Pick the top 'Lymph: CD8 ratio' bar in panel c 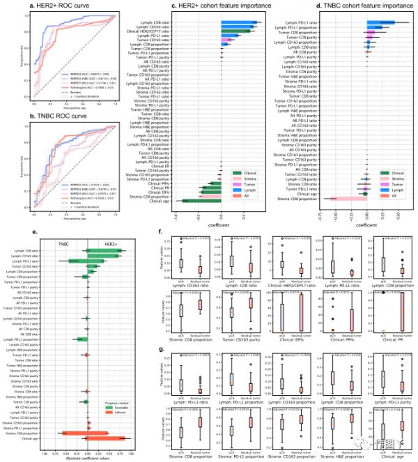click(x=239, y=22)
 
